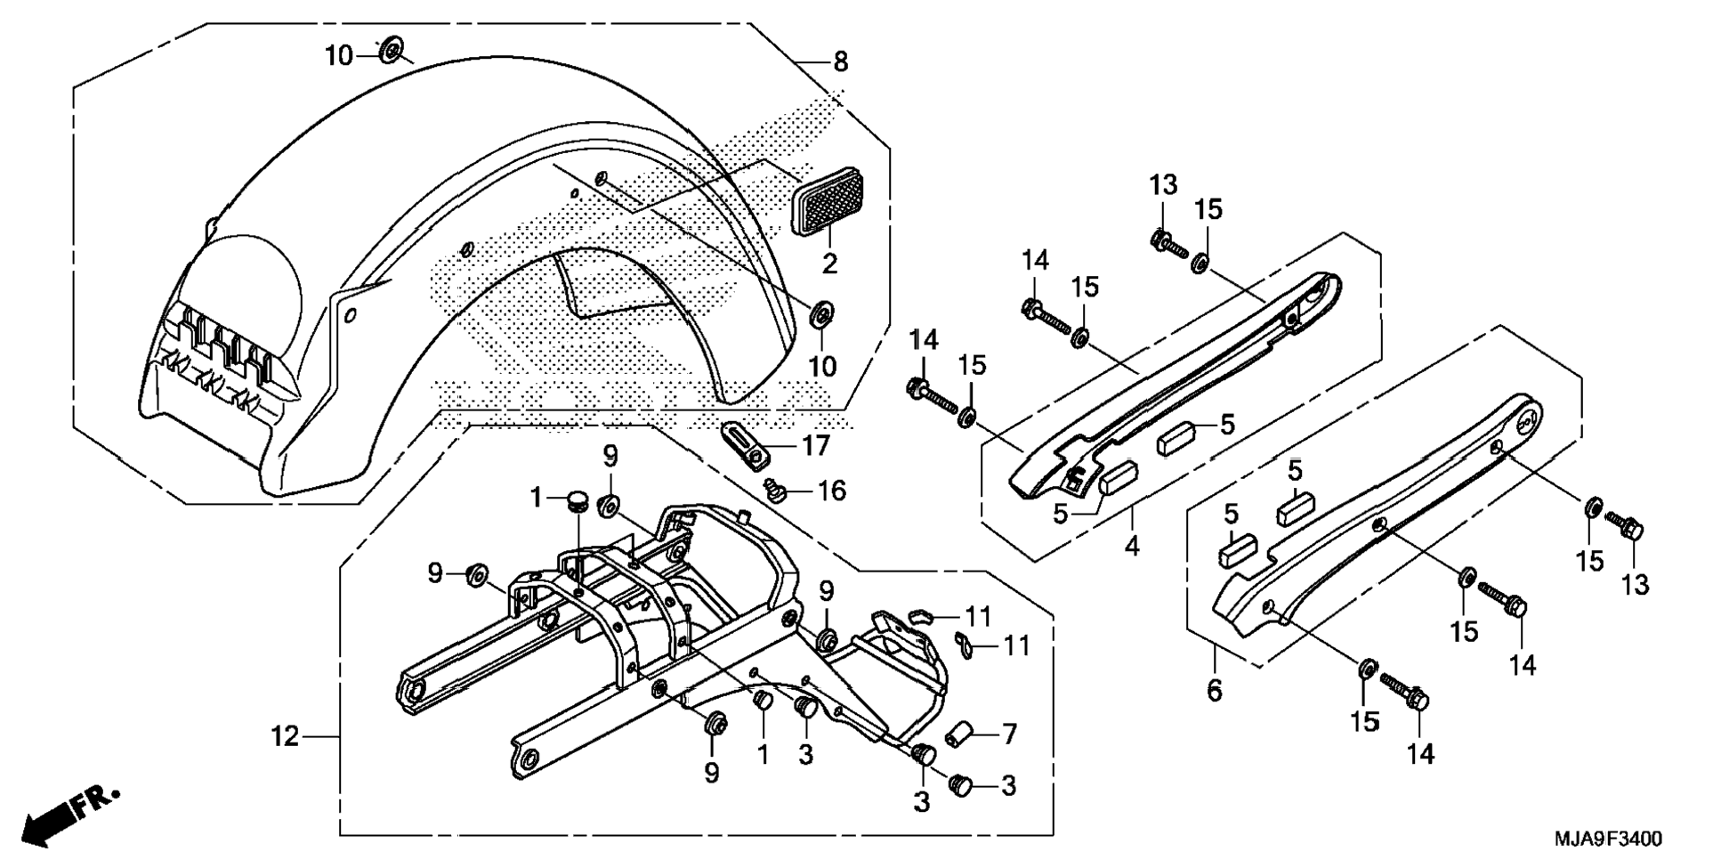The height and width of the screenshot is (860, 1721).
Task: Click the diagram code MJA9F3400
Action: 1608,839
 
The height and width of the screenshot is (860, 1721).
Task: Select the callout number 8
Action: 840,62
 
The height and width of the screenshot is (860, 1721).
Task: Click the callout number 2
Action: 829,264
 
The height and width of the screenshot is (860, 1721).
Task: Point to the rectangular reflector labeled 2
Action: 828,202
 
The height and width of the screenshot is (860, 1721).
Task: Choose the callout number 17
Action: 816,445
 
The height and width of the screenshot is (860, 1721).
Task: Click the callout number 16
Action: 831,491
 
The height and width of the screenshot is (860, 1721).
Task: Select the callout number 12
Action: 286,737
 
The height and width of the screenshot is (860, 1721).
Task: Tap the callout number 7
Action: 1008,734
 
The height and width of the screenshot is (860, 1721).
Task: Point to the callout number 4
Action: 1131,545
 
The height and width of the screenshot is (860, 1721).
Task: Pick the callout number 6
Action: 1215,690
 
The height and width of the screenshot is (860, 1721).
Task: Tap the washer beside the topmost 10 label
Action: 390,52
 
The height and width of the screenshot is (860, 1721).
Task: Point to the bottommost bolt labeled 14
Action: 1404,693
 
